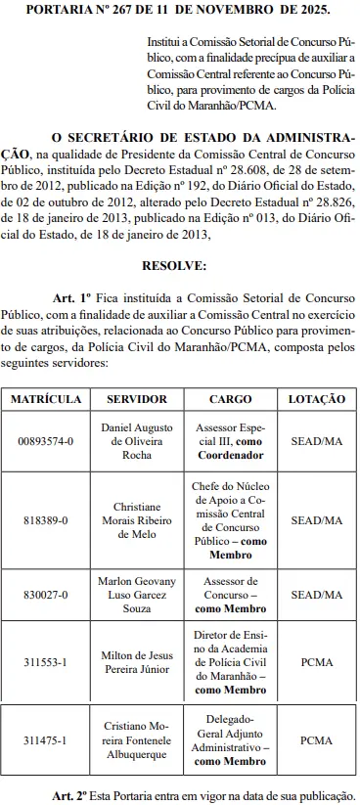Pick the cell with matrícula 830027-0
point(46,594)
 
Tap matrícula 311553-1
point(46,661)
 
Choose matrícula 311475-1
point(46,740)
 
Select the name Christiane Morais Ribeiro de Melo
point(136,521)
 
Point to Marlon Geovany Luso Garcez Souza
point(136,594)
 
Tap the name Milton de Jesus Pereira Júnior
point(136,661)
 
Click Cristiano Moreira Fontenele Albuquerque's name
point(136,740)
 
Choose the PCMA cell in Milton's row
point(316,661)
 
